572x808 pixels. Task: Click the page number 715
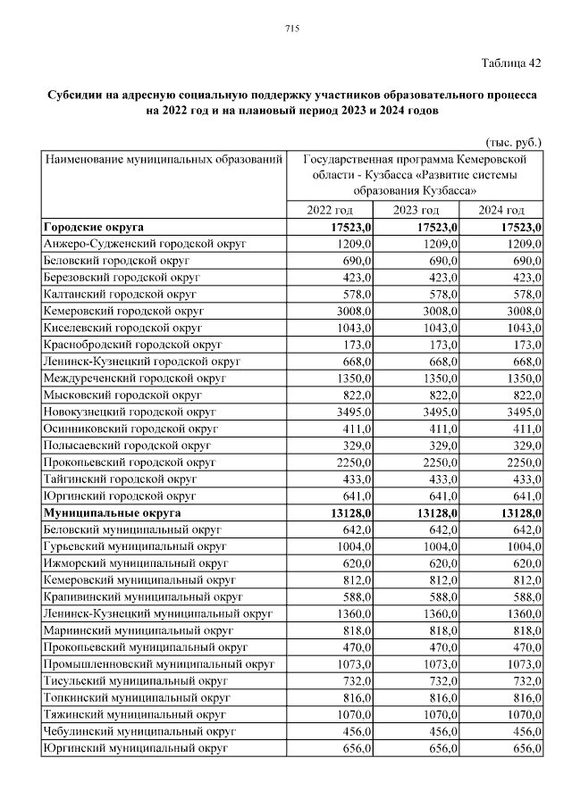pyautogui.click(x=291, y=29)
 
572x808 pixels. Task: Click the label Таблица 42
pyautogui.click(x=510, y=62)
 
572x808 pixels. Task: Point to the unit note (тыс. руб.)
pyautogui.click(x=513, y=142)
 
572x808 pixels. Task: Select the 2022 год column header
pyautogui.click(x=330, y=210)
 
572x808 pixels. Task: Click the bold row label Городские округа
pyautogui.click(x=94, y=227)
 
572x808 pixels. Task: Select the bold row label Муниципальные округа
pyautogui.click(x=112, y=512)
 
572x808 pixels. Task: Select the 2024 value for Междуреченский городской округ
pyautogui.click(x=523, y=378)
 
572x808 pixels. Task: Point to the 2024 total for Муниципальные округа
pyautogui.click(x=520, y=512)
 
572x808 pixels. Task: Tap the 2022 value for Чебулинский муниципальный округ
pyautogui.click(x=356, y=731)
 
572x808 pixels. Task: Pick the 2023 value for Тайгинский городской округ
pyautogui.click(x=442, y=479)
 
